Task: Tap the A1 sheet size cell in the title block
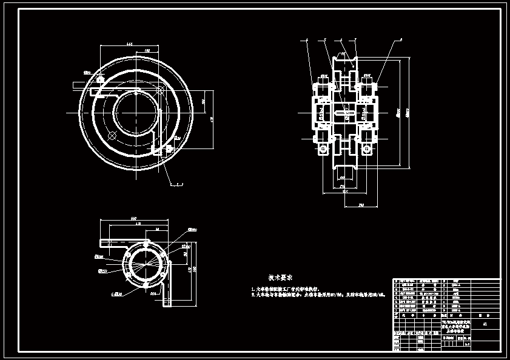[x=484, y=325]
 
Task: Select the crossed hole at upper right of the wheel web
[x=161, y=90]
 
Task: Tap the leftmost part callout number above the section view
[x=307, y=39]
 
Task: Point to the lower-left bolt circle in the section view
[x=324, y=148]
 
